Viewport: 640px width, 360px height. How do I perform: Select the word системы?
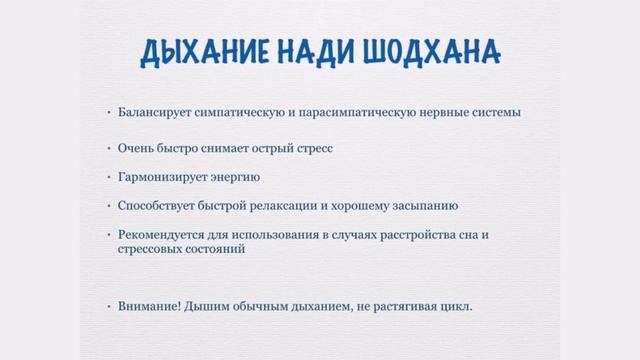pos(496,112)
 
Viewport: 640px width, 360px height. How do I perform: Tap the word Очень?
pos(136,148)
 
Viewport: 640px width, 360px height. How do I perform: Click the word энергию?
pos(232,177)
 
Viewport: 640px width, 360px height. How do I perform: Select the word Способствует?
pos(157,206)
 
